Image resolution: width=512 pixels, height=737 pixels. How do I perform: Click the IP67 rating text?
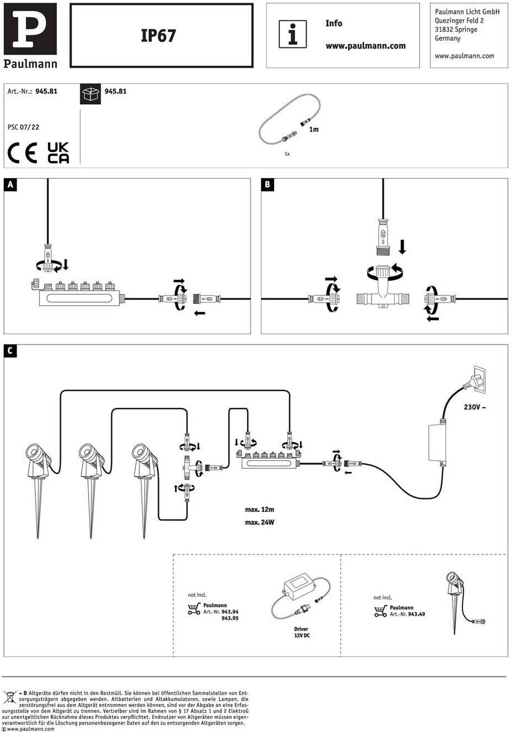pos(158,35)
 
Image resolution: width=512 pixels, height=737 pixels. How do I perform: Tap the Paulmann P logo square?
pos(30,29)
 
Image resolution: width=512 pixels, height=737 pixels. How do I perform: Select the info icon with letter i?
pos(293,34)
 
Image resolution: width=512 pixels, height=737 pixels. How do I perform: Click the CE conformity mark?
pos(22,153)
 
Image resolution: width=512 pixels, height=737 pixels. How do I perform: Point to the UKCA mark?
pos(58,153)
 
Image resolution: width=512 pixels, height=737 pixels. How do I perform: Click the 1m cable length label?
pos(314,130)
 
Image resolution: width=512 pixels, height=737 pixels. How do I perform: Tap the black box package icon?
pos(90,94)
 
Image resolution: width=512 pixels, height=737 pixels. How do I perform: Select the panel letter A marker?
pos(10,185)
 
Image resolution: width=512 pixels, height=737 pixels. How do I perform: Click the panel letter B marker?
pos(268,185)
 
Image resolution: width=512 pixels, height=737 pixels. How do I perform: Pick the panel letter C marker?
pos(10,351)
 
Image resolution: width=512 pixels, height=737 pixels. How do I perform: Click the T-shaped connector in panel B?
pos(383,290)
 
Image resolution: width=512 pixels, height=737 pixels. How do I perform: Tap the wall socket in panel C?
pos(477,379)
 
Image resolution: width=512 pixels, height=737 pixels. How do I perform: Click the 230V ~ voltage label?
pos(475,407)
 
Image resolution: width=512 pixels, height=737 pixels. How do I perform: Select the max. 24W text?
pos(260,522)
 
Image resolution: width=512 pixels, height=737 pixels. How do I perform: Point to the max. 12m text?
pos(260,509)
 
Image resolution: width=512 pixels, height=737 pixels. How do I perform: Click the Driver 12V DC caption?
pos(302,632)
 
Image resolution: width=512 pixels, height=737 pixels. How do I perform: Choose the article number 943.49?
pos(417,614)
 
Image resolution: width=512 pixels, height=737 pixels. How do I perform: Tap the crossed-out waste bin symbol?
pos(10,697)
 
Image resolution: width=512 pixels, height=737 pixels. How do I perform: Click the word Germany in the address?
pos(448,38)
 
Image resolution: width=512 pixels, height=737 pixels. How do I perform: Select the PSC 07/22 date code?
pos(23,127)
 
